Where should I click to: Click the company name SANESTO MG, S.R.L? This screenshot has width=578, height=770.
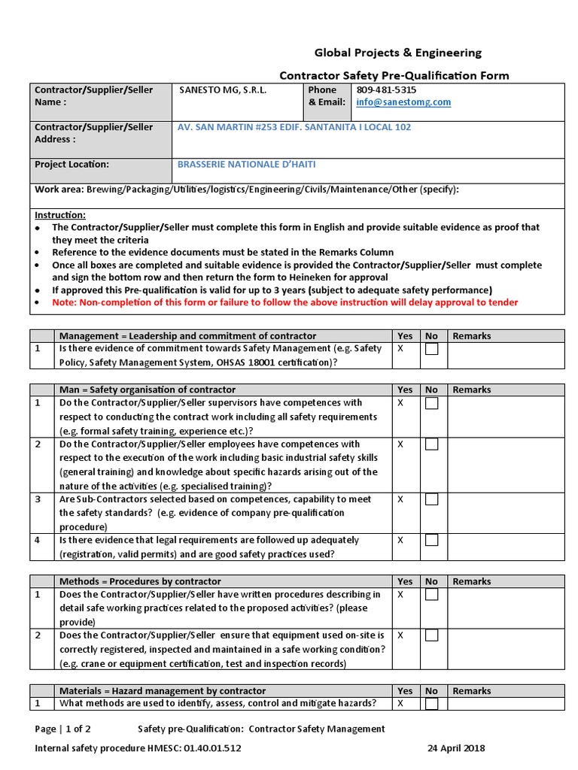[x=223, y=89]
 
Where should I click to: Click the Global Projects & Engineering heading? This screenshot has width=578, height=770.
[x=397, y=53]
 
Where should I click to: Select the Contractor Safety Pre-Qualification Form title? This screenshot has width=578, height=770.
[x=394, y=75]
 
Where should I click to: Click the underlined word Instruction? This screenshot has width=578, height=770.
[x=60, y=214]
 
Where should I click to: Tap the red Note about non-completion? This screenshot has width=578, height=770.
[x=284, y=302]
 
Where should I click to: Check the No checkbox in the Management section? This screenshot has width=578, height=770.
[x=431, y=349]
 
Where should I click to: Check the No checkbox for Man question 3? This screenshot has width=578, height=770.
[x=431, y=499]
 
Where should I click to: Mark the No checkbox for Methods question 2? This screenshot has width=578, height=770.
[x=431, y=635]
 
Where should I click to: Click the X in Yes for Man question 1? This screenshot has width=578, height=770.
[x=400, y=403]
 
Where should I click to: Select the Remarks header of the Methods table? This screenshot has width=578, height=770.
[x=471, y=581]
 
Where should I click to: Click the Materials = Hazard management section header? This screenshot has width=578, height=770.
[x=163, y=690]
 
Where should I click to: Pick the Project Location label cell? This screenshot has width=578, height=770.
[x=72, y=164]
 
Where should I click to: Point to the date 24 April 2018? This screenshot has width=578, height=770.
[x=456, y=748]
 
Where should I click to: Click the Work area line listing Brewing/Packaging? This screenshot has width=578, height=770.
[x=246, y=189]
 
